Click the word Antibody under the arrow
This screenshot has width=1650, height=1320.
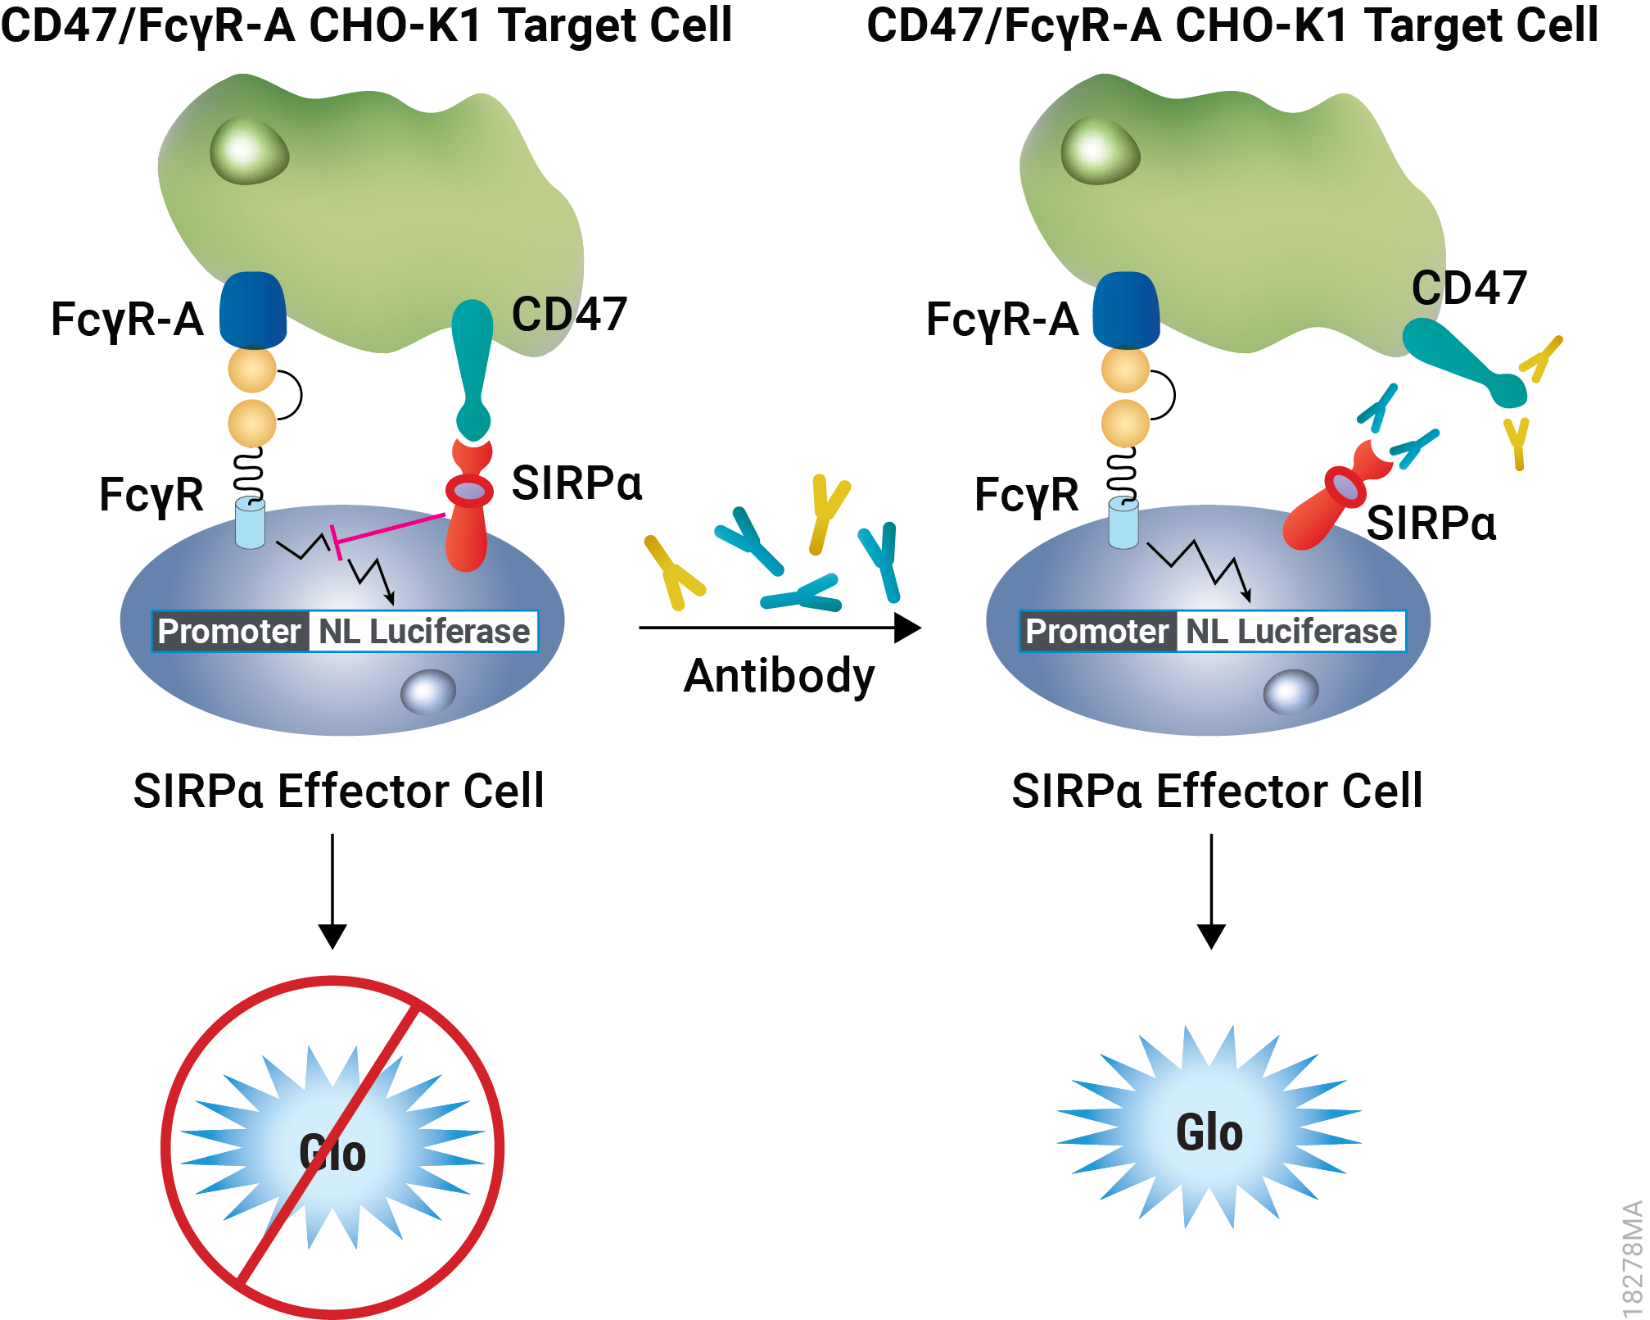[779, 676]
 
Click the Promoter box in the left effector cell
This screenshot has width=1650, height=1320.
[230, 632]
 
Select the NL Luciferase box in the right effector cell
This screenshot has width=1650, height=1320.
[1291, 632]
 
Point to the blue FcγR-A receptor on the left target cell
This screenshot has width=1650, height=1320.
[253, 311]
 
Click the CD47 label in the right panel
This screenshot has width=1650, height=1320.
[1469, 288]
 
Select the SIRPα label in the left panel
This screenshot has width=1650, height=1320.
[576, 483]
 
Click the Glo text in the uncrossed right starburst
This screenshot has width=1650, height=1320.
[1209, 1132]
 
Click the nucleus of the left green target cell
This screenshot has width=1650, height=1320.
[249, 152]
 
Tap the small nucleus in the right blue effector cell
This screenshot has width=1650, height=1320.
[1291, 692]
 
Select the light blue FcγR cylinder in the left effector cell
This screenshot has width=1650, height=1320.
[250, 523]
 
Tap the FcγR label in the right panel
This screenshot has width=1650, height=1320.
[1026, 495]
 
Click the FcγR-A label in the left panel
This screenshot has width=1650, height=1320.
[127, 320]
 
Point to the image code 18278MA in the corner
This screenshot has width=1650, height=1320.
[1632, 1258]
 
